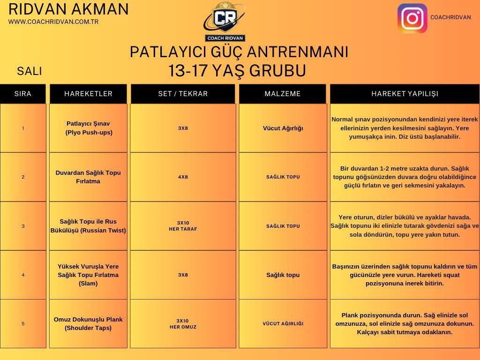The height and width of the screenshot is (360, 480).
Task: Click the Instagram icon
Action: (412, 18)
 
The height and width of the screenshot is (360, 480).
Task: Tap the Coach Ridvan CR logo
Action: (225, 22)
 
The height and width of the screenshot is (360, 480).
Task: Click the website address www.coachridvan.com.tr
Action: (53, 22)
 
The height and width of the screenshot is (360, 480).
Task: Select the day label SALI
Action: (30, 71)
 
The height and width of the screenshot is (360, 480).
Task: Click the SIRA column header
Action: (23, 94)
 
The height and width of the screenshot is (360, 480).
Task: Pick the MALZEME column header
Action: (283, 94)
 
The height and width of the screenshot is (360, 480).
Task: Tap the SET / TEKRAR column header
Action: (183, 94)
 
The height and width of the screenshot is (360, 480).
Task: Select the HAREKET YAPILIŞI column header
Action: (405, 94)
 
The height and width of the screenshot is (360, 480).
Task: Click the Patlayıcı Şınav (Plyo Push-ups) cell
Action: (88, 128)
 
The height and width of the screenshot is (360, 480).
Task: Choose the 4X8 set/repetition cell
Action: (183, 177)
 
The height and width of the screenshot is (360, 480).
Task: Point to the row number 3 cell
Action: (23, 226)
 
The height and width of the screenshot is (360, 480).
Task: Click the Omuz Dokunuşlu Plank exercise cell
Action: (88, 323)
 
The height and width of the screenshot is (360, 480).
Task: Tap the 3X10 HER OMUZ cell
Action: (183, 323)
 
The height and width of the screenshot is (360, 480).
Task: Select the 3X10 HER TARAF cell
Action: (183, 226)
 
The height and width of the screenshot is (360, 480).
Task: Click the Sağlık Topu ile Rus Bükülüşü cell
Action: (88, 226)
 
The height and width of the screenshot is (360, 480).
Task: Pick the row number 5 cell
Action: (23, 323)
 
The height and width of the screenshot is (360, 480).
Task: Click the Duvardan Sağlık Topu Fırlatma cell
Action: (88, 177)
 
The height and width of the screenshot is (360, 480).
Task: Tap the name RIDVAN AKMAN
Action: (68, 9)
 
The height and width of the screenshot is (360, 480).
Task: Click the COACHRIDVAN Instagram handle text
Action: (450, 17)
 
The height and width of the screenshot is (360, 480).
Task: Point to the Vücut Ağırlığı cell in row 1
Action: (283, 128)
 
